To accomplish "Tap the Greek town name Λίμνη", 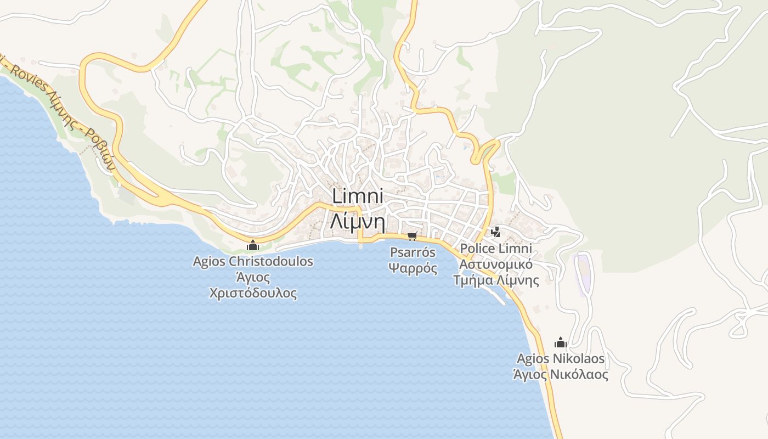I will [357, 221].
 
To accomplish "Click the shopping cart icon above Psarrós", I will [412, 237].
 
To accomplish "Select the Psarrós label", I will [413, 253].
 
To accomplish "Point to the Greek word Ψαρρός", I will [413, 268].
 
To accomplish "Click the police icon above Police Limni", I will [496, 232].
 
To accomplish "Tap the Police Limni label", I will [496, 249].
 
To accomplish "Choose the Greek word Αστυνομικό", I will [496, 264].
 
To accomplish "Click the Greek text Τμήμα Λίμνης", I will [496, 280].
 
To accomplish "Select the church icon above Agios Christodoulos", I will [253, 245].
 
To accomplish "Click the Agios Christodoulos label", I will [253, 261].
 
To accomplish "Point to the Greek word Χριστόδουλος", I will [253, 293].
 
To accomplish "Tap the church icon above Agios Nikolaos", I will [560, 343].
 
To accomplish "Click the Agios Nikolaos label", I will [561, 359].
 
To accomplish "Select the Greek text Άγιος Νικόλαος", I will [561, 375].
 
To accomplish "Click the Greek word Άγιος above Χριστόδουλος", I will [253, 277].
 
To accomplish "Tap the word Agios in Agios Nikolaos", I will [532, 359].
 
